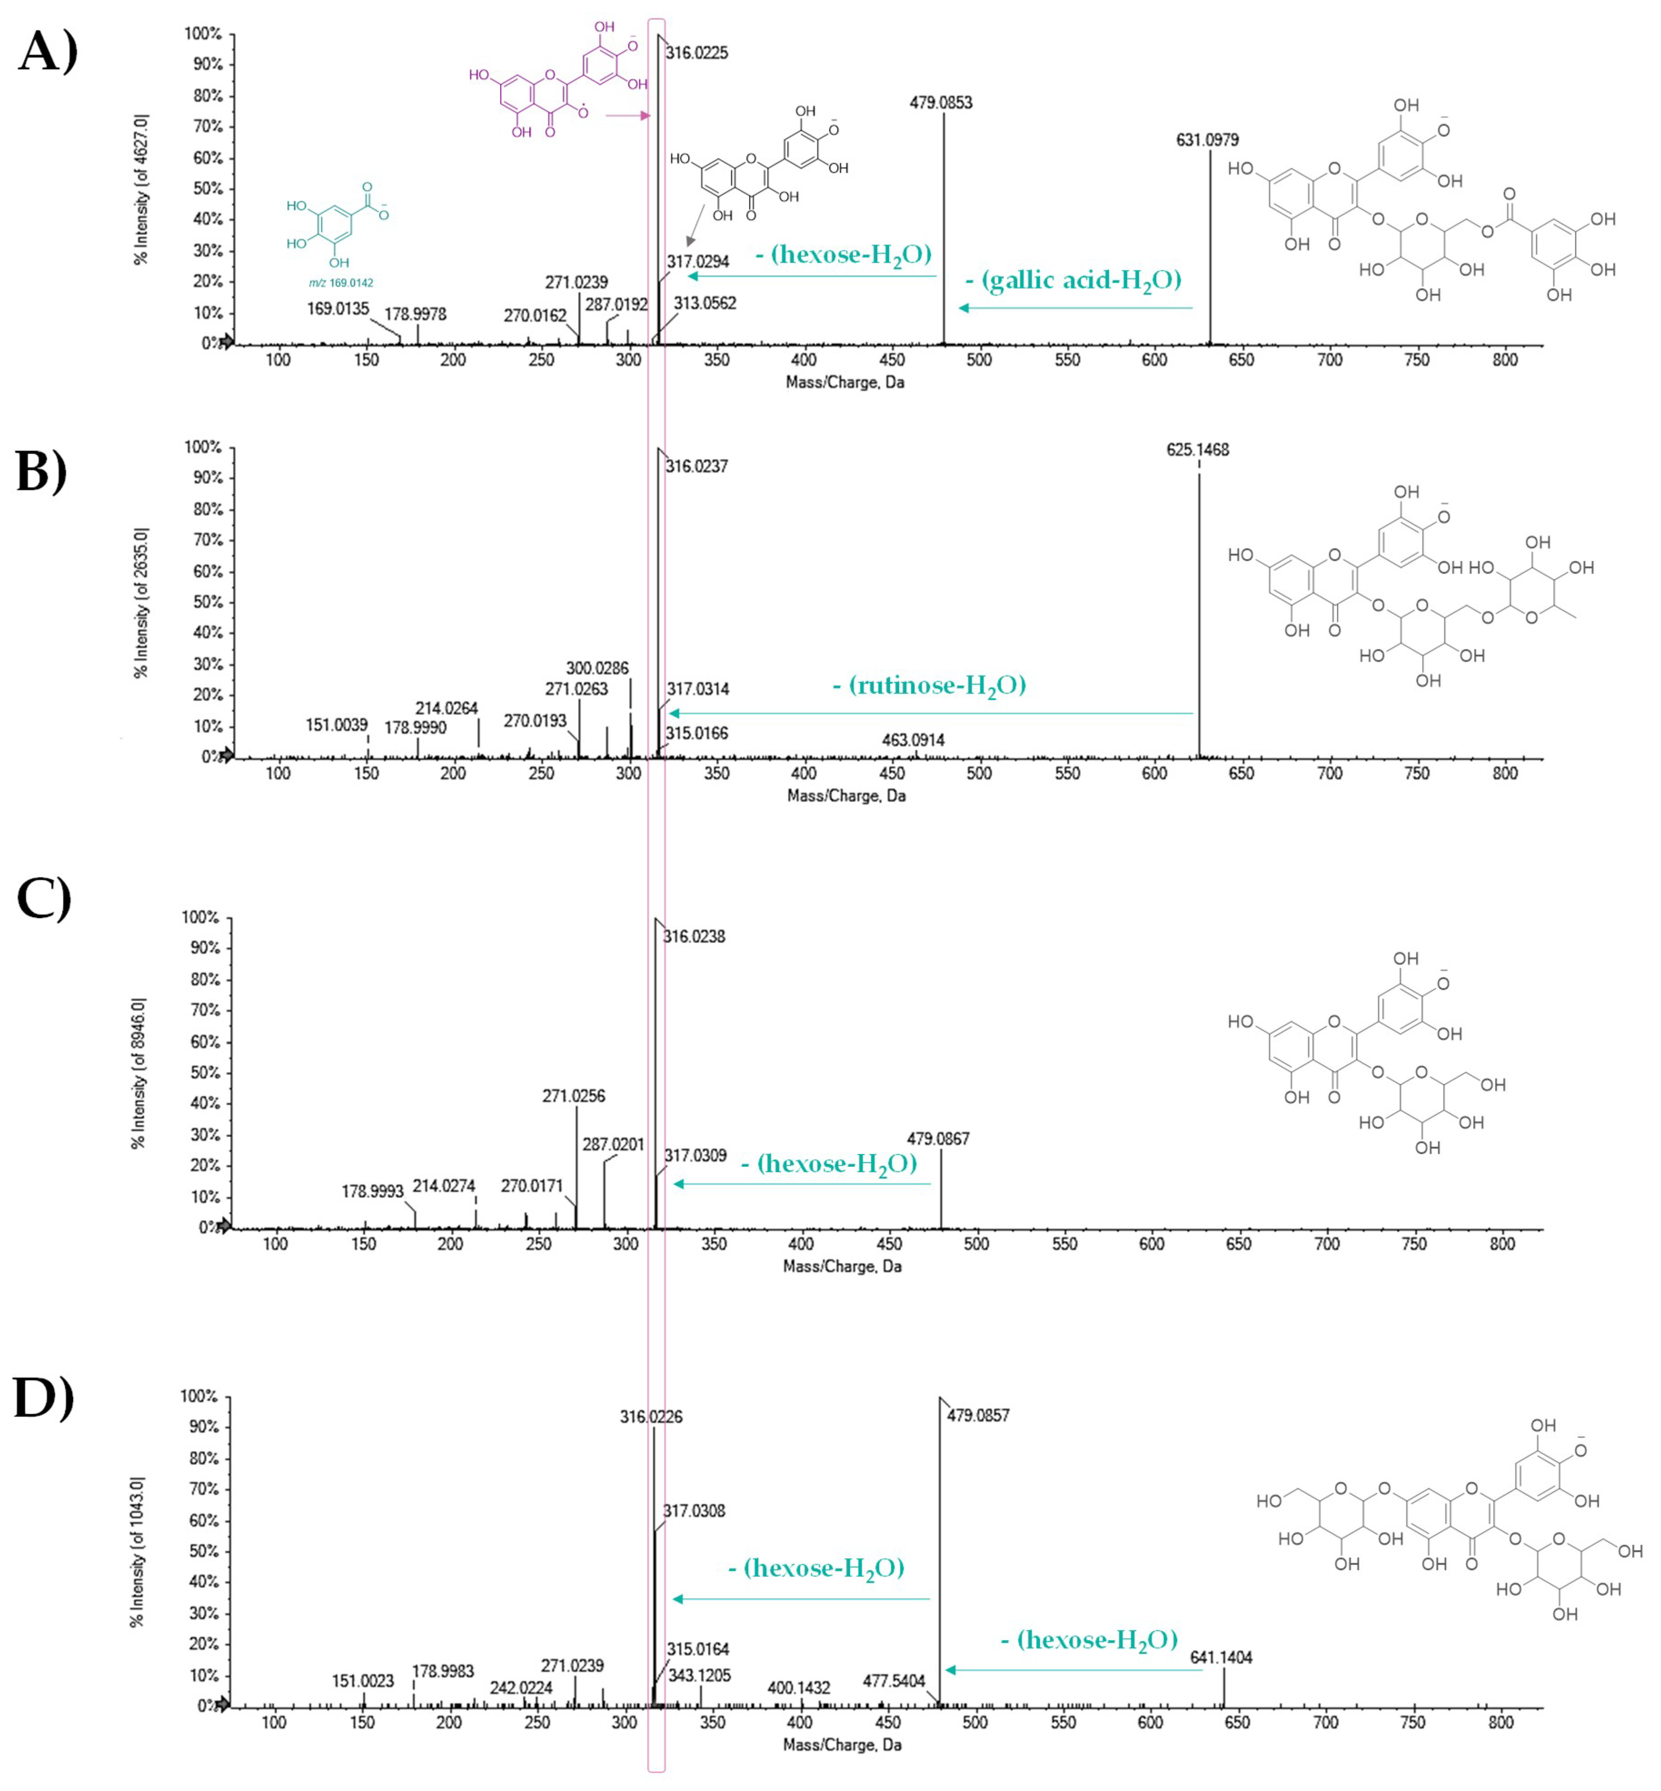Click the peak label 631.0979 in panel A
[x=1207, y=140]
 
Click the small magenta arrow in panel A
[x=627, y=115]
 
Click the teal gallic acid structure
[x=337, y=224]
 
